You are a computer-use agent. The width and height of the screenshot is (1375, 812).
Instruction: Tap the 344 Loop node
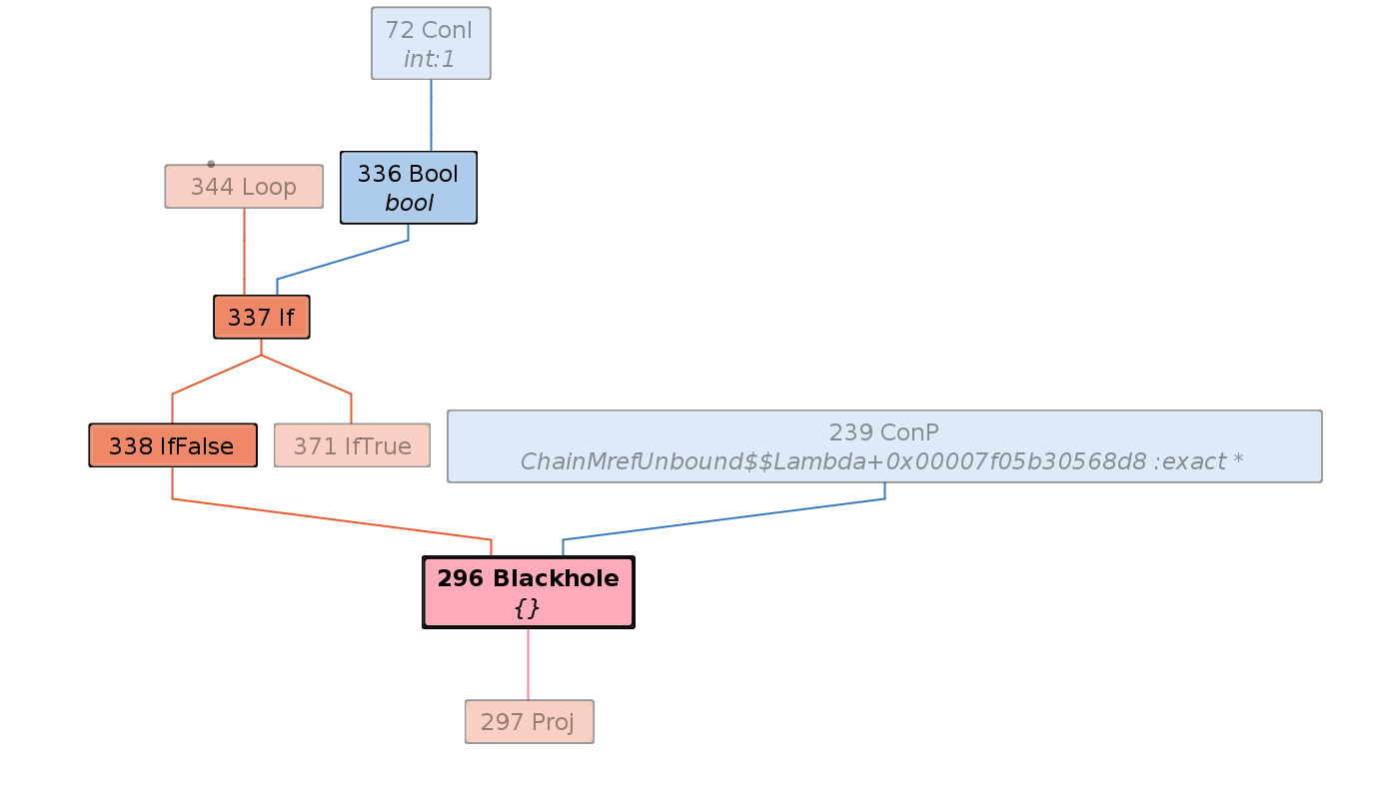[244, 187]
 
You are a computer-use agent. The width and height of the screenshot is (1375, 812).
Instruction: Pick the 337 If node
[261, 318]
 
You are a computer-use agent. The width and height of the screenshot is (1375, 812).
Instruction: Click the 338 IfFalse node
[172, 445]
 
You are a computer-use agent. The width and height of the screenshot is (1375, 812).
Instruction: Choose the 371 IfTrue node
[352, 445]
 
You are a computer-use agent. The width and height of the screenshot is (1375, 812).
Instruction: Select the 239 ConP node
[883, 432]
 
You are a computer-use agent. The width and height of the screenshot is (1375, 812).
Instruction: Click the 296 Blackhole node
[528, 579]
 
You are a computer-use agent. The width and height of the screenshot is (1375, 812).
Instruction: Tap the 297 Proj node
[529, 721]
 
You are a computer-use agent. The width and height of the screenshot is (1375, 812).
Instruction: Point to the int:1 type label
[430, 59]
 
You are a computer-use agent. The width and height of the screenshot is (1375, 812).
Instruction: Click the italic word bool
[409, 203]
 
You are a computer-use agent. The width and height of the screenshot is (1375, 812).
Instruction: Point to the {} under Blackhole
[528, 607]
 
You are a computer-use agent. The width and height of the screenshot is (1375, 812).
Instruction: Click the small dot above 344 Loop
[211, 164]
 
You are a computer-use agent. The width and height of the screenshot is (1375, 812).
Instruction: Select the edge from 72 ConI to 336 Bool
[431, 115]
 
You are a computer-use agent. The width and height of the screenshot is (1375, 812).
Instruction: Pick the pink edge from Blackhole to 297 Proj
[528, 664]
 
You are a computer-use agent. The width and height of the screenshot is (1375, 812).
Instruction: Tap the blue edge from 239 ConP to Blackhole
[719, 519]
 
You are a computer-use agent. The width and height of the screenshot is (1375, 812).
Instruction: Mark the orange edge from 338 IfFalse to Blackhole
[330, 519]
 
